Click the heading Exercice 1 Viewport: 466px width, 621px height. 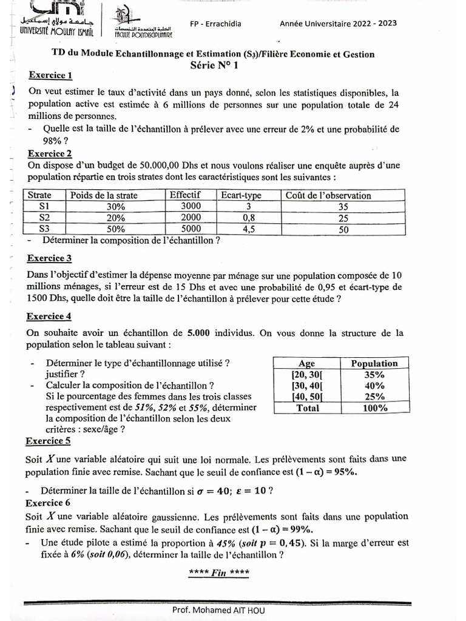click(x=50, y=75)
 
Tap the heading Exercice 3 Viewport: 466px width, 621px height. click(x=50, y=258)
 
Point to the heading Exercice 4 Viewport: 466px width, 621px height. click(x=50, y=316)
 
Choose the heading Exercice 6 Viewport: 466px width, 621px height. click(x=49, y=503)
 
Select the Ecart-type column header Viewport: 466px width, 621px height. click(x=241, y=195)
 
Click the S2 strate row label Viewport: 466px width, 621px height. click(x=44, y=218)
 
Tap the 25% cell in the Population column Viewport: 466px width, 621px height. click(x=374, y=397)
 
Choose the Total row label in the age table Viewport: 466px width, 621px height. click(x=307, y=408)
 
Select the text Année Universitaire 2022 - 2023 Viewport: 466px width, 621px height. click(x=339, y=23)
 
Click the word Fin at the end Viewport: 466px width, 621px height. click(x=218, y=572)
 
